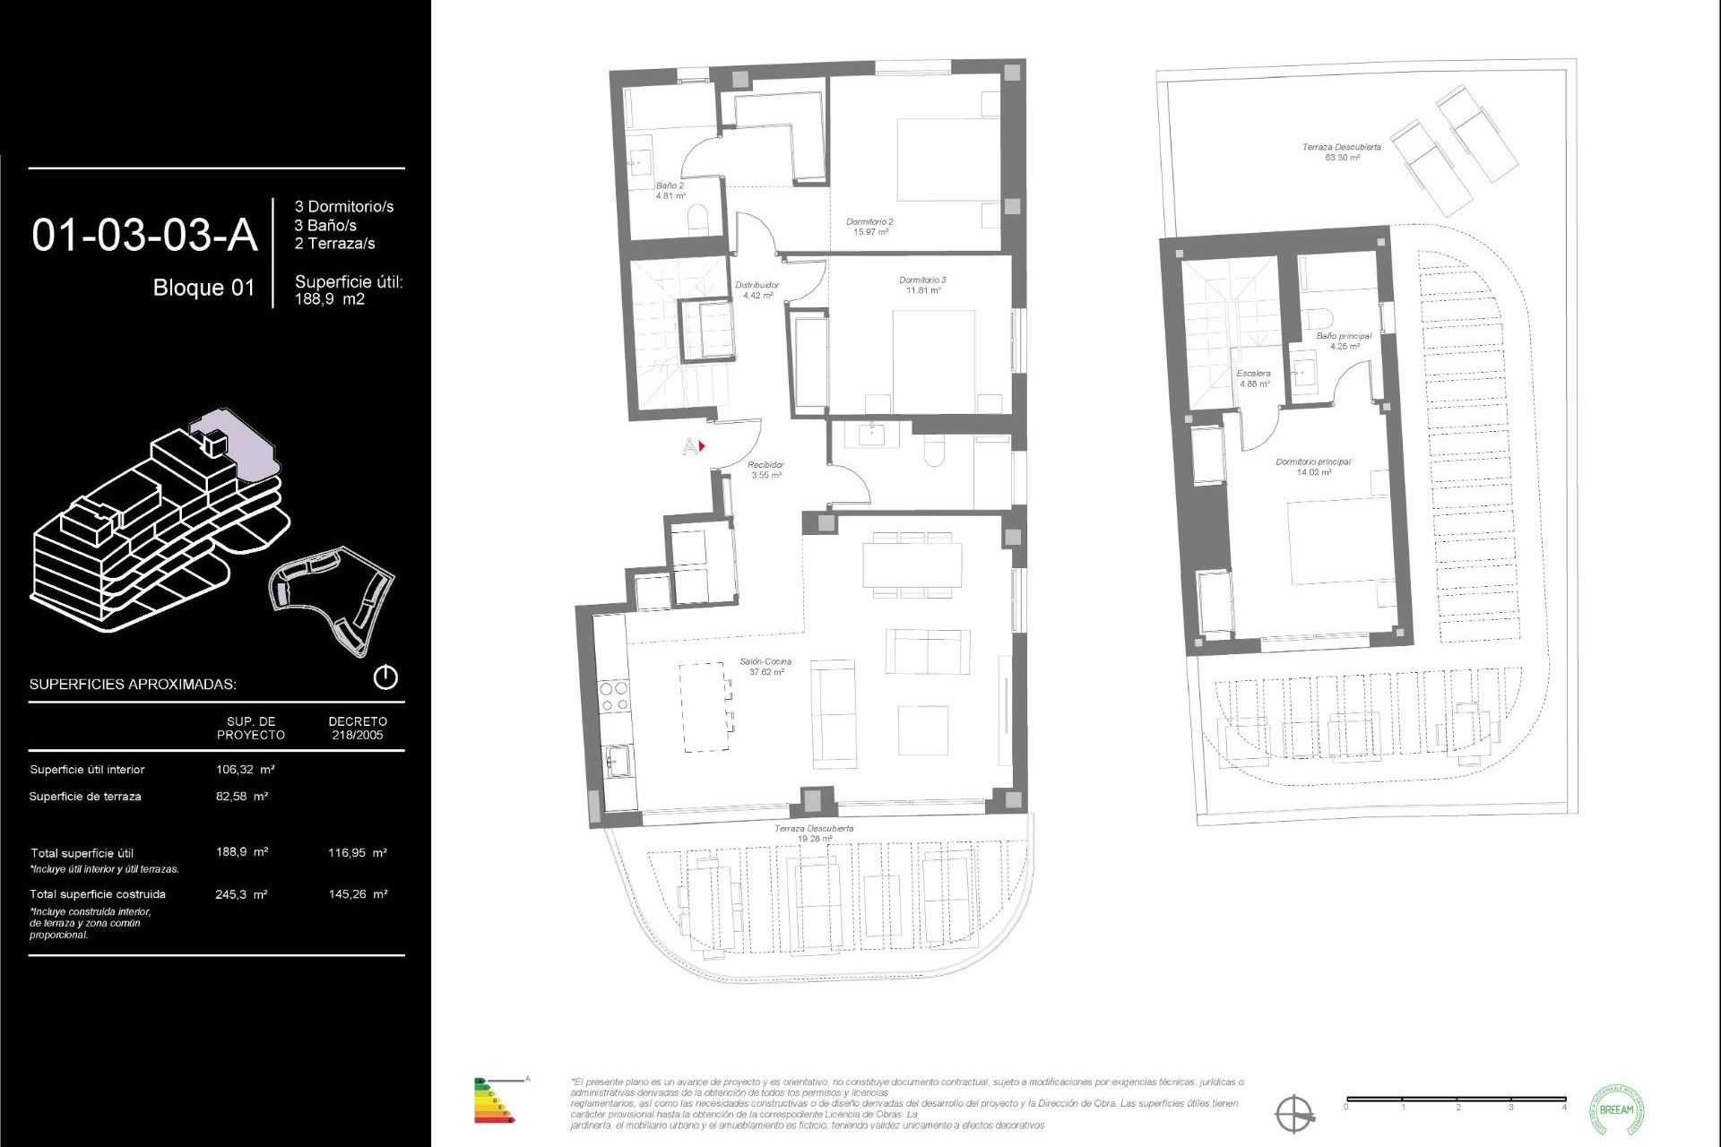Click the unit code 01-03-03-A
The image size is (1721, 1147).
(144, 236)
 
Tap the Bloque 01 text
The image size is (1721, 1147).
(203, 288)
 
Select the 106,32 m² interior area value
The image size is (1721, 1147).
(245, 769)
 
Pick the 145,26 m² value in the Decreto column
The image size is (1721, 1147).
(358, 894)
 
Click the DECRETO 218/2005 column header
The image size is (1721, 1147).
(358, 728)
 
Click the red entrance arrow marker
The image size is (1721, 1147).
(702, 445)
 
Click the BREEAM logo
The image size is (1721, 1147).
(1616, 1109)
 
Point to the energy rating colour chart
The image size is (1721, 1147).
(494, 1100)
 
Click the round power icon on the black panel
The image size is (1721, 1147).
(385, 677)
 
